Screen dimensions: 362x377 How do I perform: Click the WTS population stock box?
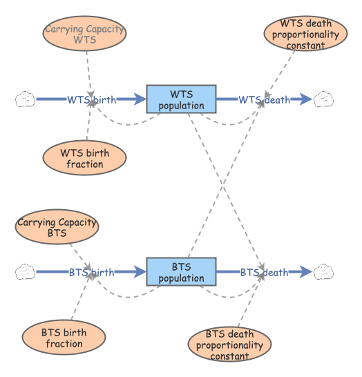coord(182,99)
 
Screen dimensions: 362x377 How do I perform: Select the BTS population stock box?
coord(182,271)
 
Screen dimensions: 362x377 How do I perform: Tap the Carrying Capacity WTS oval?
coord(85,33)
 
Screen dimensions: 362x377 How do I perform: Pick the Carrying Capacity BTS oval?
coord(57,226)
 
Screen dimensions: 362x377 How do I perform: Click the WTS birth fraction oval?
coord(85,158)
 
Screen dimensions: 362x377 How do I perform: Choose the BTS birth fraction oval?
coord(64,338)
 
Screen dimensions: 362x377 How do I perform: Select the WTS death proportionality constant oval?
coord(306,33)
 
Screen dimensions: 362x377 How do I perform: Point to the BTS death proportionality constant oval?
coord(230,344)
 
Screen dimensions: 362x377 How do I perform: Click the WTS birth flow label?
coord(92,99)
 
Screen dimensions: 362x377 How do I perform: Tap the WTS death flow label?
coord(265,99)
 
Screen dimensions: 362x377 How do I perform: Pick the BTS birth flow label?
coord(92,273)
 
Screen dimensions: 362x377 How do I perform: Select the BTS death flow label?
coord(265,273)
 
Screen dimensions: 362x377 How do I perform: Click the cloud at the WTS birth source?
coord(26,99)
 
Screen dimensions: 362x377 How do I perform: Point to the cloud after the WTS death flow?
coord(324,99)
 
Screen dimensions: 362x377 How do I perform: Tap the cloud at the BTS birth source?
coord(26,271)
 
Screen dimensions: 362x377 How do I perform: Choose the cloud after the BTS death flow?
coord(324,271)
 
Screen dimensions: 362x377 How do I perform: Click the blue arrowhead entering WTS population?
coord(140,99)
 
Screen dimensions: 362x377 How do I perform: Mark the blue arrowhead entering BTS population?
coord(140,271)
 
